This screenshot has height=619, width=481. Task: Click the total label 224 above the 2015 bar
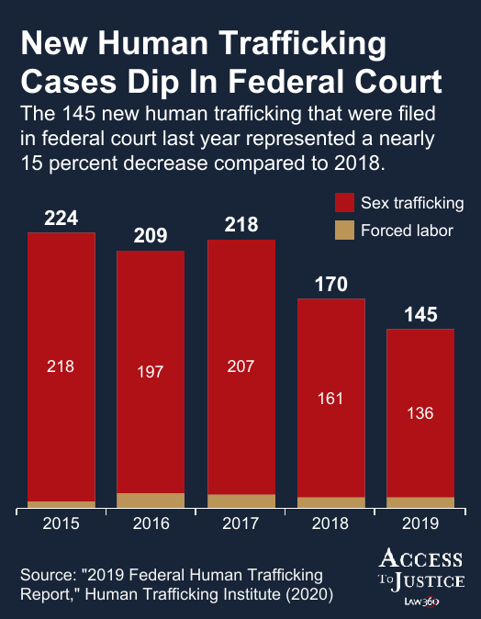coord(62,219)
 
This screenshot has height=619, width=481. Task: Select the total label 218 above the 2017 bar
coord(240,226)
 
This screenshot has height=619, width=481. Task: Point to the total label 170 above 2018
coord(330,285)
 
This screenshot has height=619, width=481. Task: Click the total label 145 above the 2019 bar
coord(420,315)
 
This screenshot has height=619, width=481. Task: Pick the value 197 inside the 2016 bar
coord(151,372)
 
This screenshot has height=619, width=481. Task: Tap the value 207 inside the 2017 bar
coord(240,366)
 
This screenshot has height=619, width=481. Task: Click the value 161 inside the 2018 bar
coord(330,398)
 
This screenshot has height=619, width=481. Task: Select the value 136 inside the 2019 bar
coord(420,412)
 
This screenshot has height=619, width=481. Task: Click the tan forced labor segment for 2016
coord(151,500)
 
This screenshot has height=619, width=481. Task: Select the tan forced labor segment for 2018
coord(330,501)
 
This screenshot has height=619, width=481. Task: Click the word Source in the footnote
coord(45,575)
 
